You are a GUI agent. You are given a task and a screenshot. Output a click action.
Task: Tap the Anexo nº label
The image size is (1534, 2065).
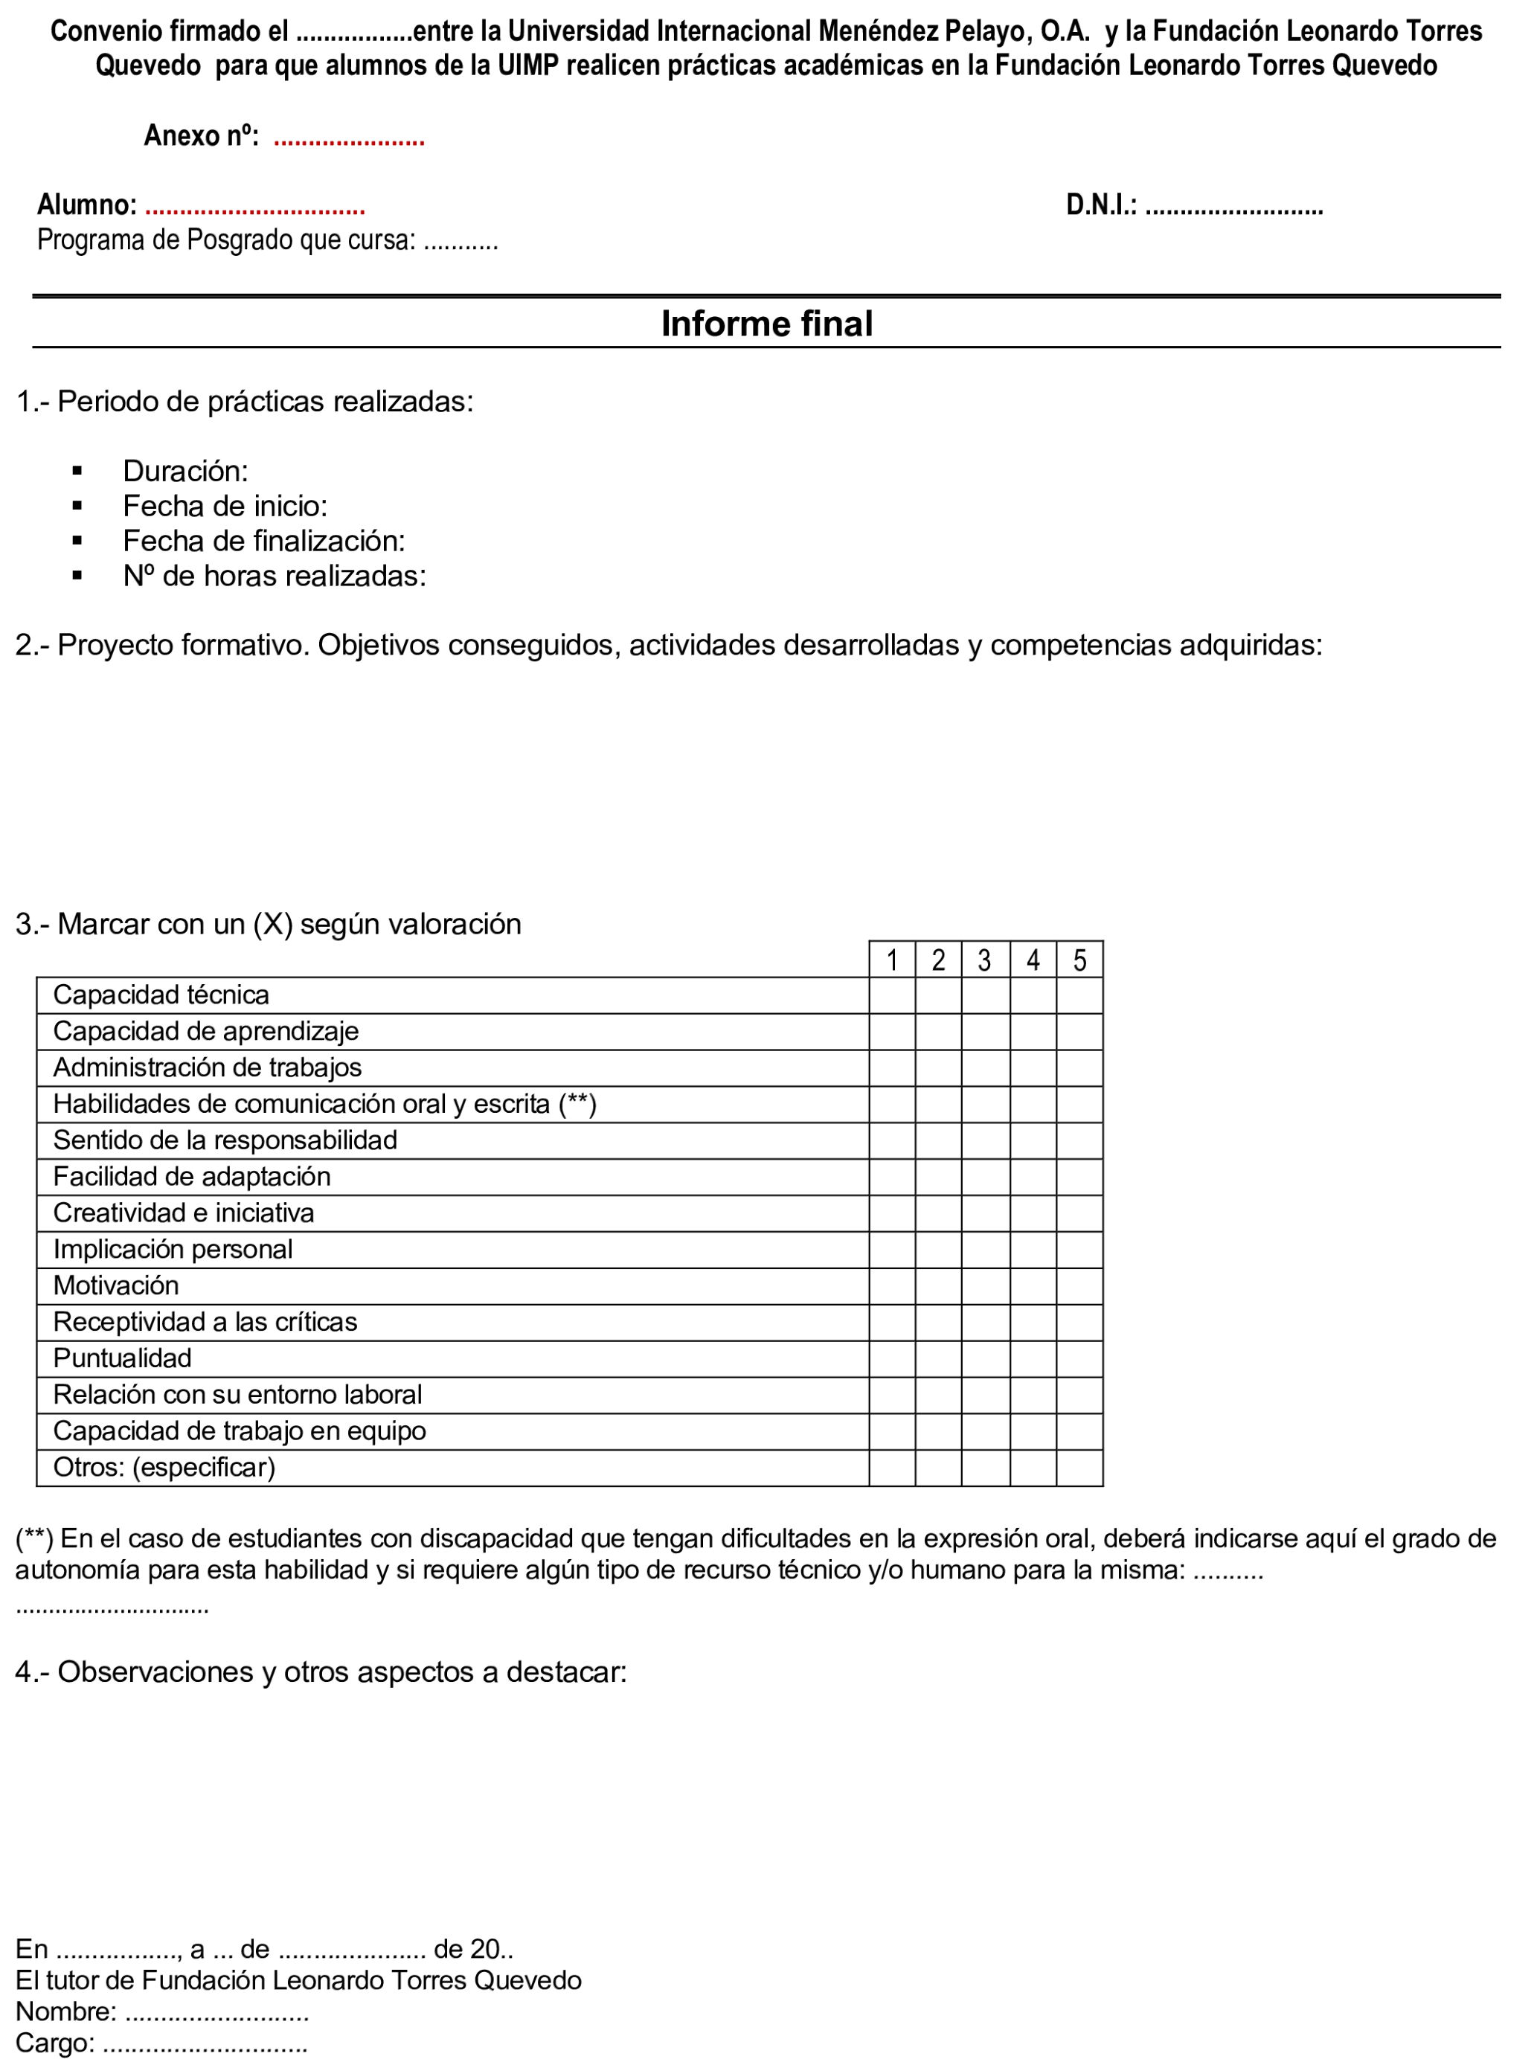(201, 136)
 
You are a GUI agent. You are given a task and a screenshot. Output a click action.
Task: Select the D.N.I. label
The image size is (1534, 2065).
(1101, 205)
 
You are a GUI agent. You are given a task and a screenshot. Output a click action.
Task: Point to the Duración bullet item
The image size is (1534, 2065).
(184, 471)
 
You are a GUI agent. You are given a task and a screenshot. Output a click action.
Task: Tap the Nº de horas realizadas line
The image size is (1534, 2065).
(274, 576)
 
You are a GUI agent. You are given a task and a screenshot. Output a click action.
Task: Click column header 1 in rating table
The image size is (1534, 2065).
(891, 959)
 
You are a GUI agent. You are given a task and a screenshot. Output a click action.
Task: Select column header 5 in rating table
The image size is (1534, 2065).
(1079, 959)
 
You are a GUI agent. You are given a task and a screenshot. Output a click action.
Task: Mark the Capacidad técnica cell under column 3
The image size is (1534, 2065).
(985, 995)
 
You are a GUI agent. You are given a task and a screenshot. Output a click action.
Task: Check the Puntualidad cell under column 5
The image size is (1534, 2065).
(1079, 1358)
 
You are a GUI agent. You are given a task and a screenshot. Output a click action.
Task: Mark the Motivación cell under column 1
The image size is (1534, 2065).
(891, 1286)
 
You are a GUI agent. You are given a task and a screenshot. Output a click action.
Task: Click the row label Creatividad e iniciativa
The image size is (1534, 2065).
(184, 1213)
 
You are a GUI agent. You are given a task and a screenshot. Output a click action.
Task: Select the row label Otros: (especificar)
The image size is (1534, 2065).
(164, 1467)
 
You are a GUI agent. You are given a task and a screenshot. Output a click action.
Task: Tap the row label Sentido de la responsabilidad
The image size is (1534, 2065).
(225, 1140)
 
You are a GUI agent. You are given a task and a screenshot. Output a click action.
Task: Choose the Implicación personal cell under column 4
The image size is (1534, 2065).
(1033, 1250)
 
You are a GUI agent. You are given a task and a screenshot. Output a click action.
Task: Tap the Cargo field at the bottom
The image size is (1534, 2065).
(205, 2043)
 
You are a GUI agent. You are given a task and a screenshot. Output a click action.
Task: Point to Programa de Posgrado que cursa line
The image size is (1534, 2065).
(267, 240)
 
